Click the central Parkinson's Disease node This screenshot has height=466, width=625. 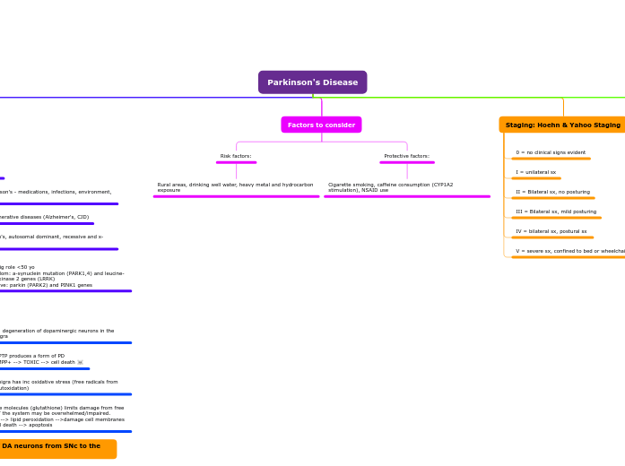(312, 82)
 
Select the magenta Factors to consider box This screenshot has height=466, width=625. (321, 125)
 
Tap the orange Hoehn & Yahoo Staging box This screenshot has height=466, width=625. (562, 125)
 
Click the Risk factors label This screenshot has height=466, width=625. (236, 156)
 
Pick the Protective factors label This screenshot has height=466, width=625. (406, 156)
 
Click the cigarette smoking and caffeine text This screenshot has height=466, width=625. (390, 187)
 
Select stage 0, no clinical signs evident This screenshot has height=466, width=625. (550, 152)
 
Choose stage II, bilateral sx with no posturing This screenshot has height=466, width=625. (552, 192)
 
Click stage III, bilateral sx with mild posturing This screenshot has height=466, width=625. (555, 211)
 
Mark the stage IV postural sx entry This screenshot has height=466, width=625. (551, 231)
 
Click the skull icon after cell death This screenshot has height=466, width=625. (80, 362)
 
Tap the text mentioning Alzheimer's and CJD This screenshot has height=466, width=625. (45, 217)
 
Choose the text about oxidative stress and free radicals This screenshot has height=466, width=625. (58, 384)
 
